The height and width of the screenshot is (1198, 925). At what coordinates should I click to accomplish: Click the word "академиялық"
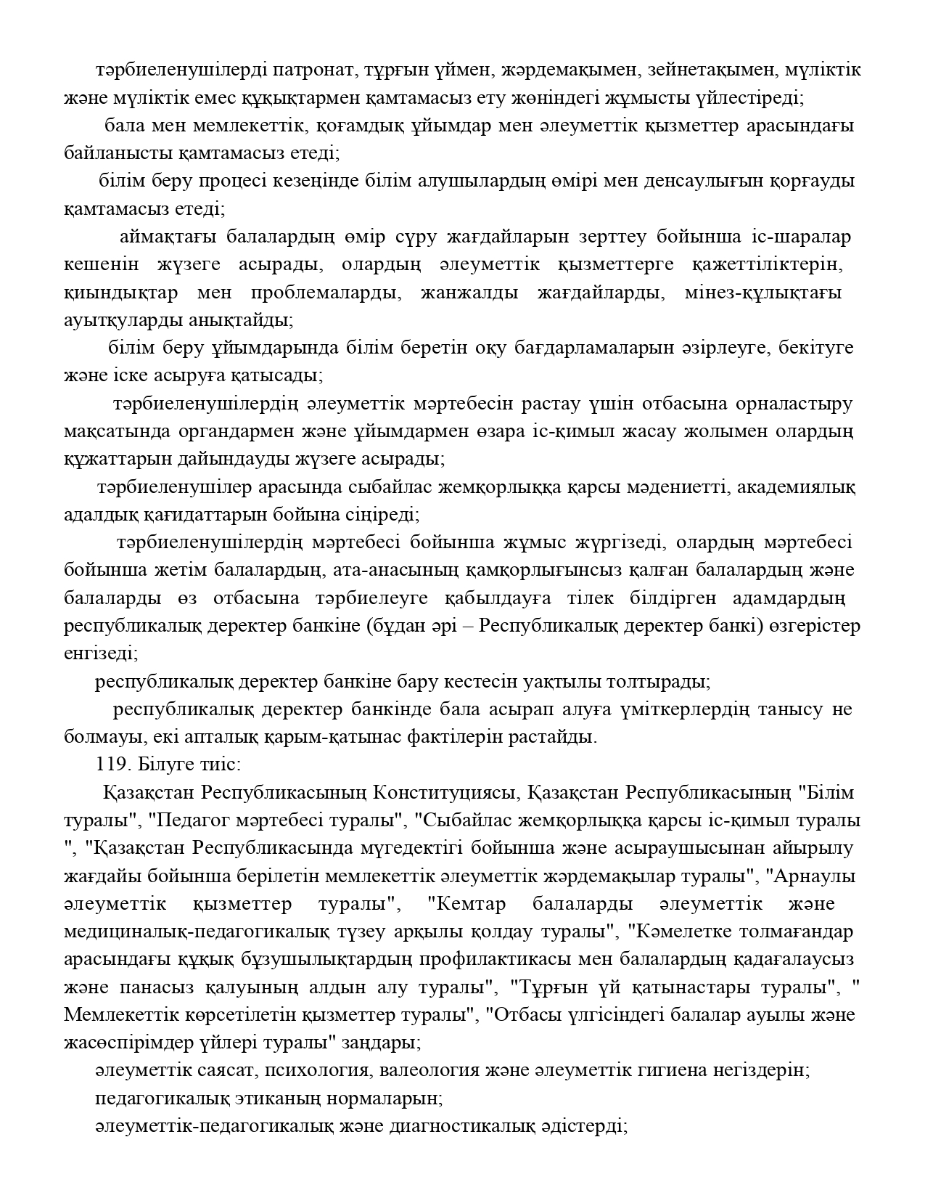[797, 487]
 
